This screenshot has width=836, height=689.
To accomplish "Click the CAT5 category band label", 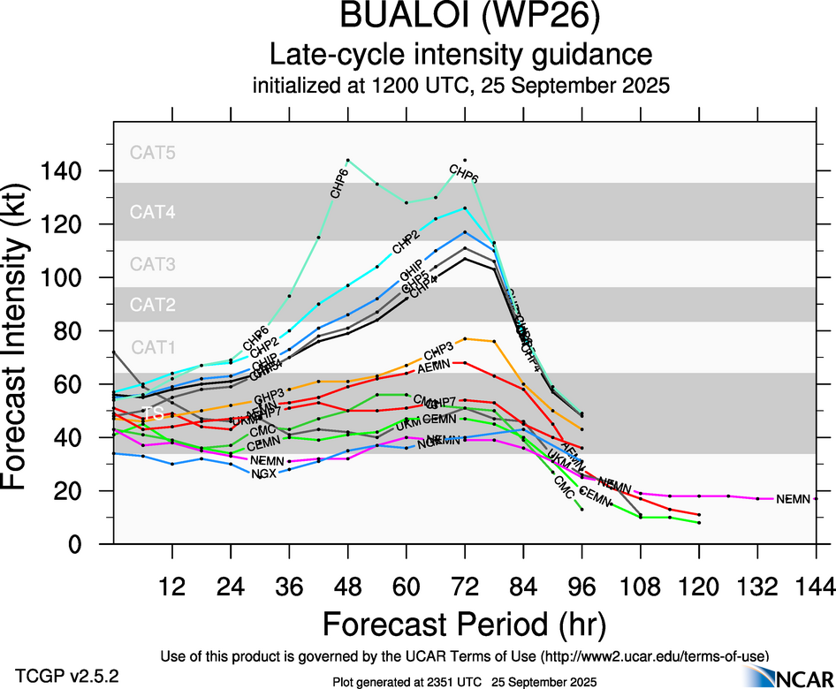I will (x=153, y=152).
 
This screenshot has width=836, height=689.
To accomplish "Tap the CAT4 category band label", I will (x=153, y=212).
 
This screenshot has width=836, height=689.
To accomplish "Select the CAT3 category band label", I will (x=153, y=264).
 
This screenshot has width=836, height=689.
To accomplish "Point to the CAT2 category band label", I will (x=153, y=306).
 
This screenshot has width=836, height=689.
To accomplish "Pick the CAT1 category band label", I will (x=153, y=347).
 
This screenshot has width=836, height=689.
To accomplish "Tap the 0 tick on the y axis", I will (x=91, y=544).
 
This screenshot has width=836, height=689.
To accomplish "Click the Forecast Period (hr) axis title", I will (x=464, y=624).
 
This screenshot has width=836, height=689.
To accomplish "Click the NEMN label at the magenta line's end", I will (x=793, y=500).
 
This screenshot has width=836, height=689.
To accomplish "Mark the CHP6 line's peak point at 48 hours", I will (x=347, y=161).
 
